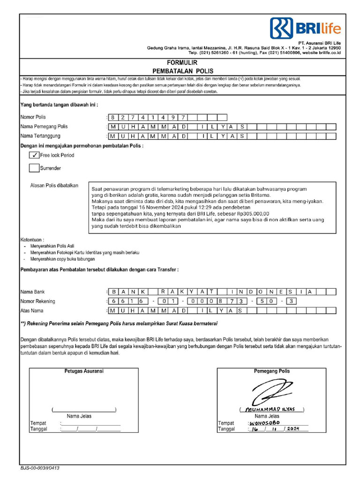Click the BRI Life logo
click(x=305, y=29)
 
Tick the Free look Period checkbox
click(x=34, y=155)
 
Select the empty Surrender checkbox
click(x=34, y=168)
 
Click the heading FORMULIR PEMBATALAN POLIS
click(x=182, y=66)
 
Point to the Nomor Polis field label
click(x=33, y=117)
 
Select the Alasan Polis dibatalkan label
click(x=54, y=186)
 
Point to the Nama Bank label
click(x=32, y=292)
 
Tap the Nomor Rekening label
click(x=37, y=301)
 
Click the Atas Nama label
click(x=32, y=310)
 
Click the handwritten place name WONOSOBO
click(x=264, y=422)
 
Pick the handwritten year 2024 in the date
click(x=293, y=429)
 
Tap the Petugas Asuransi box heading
click(x=84, y=371)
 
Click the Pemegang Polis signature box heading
click(x=272, y=371)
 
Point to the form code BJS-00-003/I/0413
click(x=40, y=468)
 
